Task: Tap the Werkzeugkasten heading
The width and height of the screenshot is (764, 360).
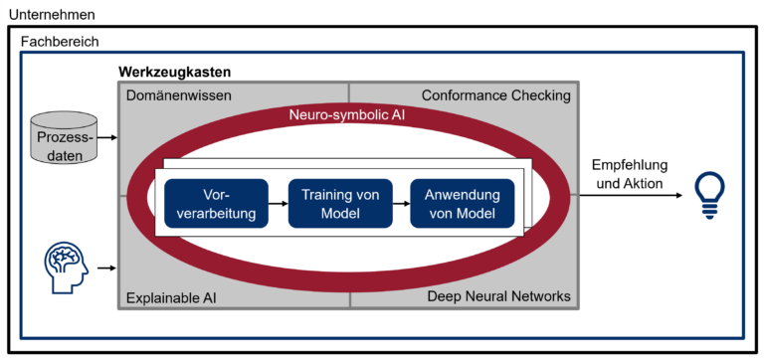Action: point(174,73)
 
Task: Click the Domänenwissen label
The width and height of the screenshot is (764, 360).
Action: point(179,95)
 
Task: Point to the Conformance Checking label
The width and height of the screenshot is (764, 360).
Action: point(495,95)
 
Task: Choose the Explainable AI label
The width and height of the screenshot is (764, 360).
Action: point(171,296)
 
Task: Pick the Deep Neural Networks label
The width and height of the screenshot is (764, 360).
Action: point(498,296)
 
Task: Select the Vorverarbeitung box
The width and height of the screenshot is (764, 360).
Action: point(216,203)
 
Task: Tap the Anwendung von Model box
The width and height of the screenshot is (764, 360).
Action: point(462,203)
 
